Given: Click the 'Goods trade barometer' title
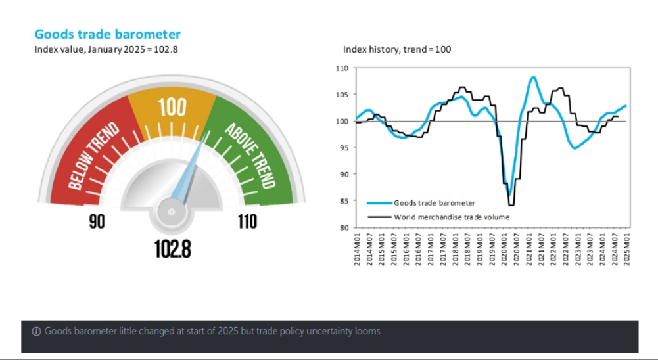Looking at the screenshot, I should [x=107, y=34].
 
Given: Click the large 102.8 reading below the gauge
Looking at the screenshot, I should [x=172, y=248].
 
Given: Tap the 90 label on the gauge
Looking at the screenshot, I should [x=97, y=222].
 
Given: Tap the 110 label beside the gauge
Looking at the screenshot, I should [x=247, y=222].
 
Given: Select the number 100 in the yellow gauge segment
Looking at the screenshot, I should [x=172, y=107].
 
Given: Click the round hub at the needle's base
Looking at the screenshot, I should [x=172, y=212].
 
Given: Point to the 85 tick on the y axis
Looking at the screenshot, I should [x=342, y=201].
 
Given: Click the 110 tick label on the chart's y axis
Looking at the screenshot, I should [x=341, y=68].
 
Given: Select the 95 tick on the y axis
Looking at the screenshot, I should [x=342, y=148].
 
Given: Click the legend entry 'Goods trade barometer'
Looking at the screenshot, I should [x=434, y=203].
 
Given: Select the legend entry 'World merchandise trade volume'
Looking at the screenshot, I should [x=451, y=217].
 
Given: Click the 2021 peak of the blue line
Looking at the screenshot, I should [x=532, y=77].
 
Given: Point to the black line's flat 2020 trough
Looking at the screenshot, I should [x=511, y=205].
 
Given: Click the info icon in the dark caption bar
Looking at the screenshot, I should [x=37, y=331].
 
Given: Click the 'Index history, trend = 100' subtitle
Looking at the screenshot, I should [x=396, y=49].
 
